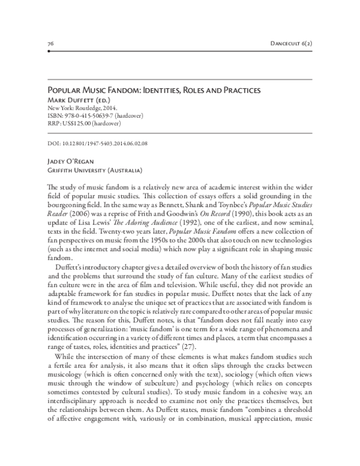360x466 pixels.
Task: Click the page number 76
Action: [x=50, y=44]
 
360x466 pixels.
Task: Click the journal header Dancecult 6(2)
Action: [x=291, y=44]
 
